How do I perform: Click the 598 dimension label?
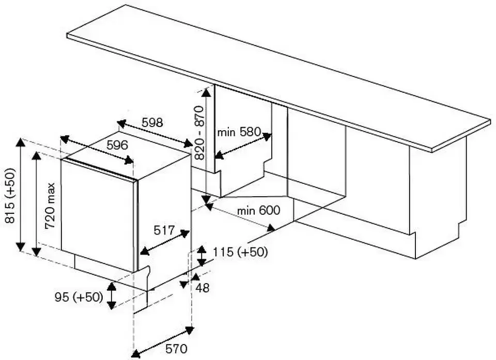(152, 123)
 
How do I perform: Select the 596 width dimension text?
(117, 146)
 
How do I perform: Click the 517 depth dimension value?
(164, 231)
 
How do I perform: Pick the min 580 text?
(239, 132)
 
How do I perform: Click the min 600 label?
(259, 210)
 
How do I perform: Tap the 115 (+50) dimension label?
(240, 252)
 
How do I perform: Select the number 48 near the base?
(203, 288)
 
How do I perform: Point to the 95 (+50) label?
(78, 298)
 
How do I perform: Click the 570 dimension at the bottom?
(176, 349)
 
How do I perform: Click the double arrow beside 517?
(164, 243)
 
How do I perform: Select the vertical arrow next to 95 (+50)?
(111, 296)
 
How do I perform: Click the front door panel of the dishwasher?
(98, 214)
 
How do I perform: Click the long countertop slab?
(279, 77)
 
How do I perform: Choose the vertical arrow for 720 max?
(36, 204)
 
